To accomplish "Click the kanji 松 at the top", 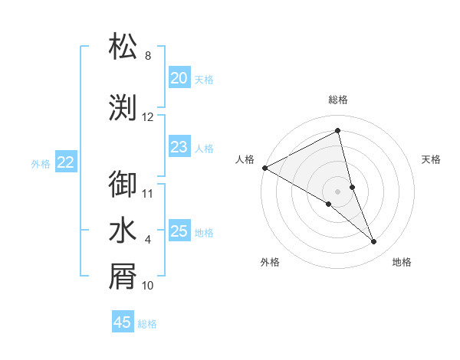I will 123,46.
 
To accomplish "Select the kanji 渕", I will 123,107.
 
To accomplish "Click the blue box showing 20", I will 179,78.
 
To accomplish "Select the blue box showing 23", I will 179,147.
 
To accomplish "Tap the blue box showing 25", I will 179,231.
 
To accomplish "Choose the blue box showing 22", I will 66,162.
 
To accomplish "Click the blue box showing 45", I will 123,322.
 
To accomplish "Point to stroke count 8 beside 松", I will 148,56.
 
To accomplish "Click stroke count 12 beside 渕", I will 148,117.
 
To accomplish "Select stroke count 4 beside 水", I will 148,240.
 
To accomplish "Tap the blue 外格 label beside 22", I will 41,163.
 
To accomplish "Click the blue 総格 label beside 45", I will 147,324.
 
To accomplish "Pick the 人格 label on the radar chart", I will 245,159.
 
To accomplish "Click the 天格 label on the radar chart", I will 432,159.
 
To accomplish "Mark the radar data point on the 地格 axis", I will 374,241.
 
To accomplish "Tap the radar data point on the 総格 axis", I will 338,132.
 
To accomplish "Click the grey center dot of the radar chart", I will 338,191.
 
